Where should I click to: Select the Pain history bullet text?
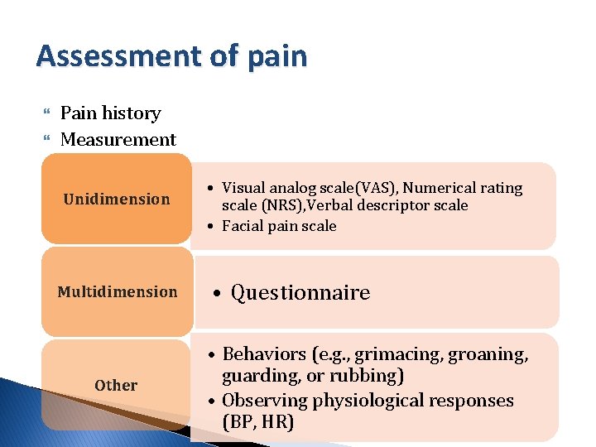point(111,113)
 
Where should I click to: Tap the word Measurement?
point(118,140)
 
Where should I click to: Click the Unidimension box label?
point(117,199)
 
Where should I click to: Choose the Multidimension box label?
point(117,291)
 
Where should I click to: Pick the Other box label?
point(116,385)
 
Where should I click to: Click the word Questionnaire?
point(300,292)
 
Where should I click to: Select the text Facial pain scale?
point(279,226)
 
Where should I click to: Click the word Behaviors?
point(263,354)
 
